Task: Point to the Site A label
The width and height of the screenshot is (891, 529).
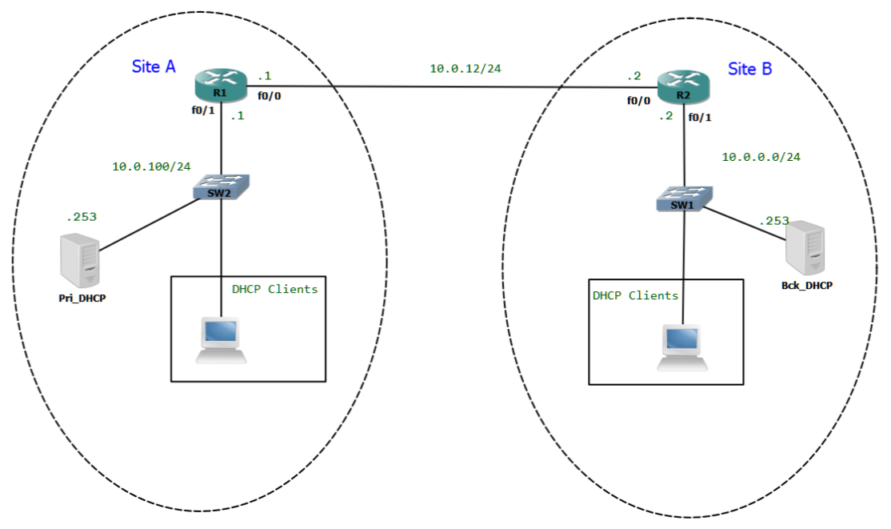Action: click(x=154, y=66)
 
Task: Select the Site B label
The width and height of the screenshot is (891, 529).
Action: click(x=749, y=69)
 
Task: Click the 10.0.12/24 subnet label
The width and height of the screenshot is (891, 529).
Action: click(x=465, y=69)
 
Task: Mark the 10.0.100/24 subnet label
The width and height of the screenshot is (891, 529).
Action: click(x=151, y=166)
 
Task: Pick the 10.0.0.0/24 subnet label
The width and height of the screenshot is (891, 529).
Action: click(x=761, y=157)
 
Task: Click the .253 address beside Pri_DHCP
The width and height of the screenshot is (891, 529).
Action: click(x=82, y=216)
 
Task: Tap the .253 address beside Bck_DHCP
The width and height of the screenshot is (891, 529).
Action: click(x=773, y=221)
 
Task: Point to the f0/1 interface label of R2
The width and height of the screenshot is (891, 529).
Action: click(x=700, y=117)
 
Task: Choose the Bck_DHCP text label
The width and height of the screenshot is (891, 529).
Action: click(x=806, y=285)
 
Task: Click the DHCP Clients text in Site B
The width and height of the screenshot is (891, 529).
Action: click(x=635, y=295)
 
